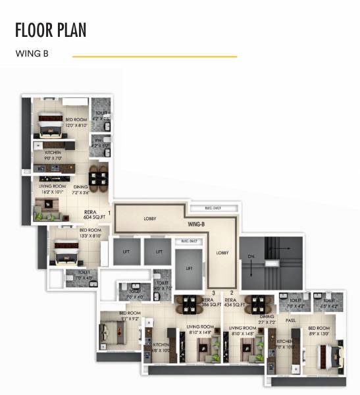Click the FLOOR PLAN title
click(x=51, y=30)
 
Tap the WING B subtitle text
click(x=32, y=55)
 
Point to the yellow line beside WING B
click(x=154, y=57)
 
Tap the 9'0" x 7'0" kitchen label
click(x=53, y=155)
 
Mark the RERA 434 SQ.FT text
click(x=234, y=303)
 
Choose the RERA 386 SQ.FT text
click(x=210, y=303)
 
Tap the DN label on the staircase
click(x=250, y=256)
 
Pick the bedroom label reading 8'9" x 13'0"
click(x=319, y=330)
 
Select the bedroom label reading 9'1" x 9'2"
click(x=130, y=315)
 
